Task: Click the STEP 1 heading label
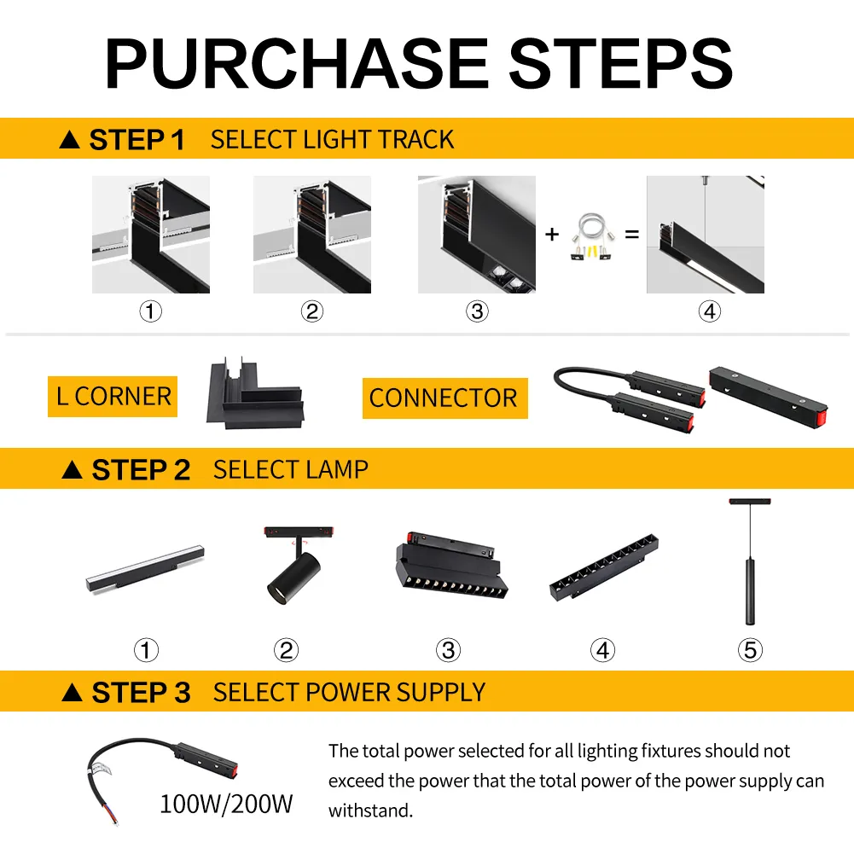point(123,139)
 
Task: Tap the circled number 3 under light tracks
point(477,312)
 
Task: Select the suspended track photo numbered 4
point(705,235)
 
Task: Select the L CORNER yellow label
point(113,397)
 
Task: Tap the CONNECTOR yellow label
point(444,398)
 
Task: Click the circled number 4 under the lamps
point(602,651)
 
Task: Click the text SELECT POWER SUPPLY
point(349,692)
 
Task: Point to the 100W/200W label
point(227,803)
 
